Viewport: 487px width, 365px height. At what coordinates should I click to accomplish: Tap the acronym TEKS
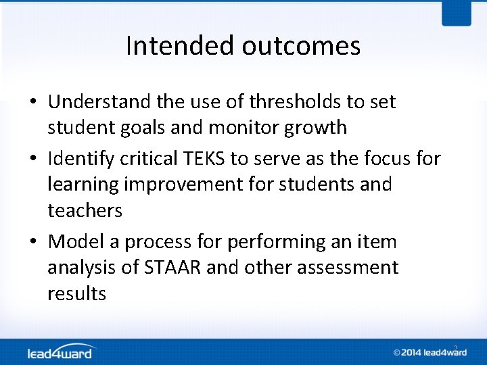coord(202,159)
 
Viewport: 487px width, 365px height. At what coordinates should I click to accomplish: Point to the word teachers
coord(85,210)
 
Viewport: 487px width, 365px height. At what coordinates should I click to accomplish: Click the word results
coord(76,293)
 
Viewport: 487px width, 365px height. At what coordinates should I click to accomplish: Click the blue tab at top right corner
coord(456,12)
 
